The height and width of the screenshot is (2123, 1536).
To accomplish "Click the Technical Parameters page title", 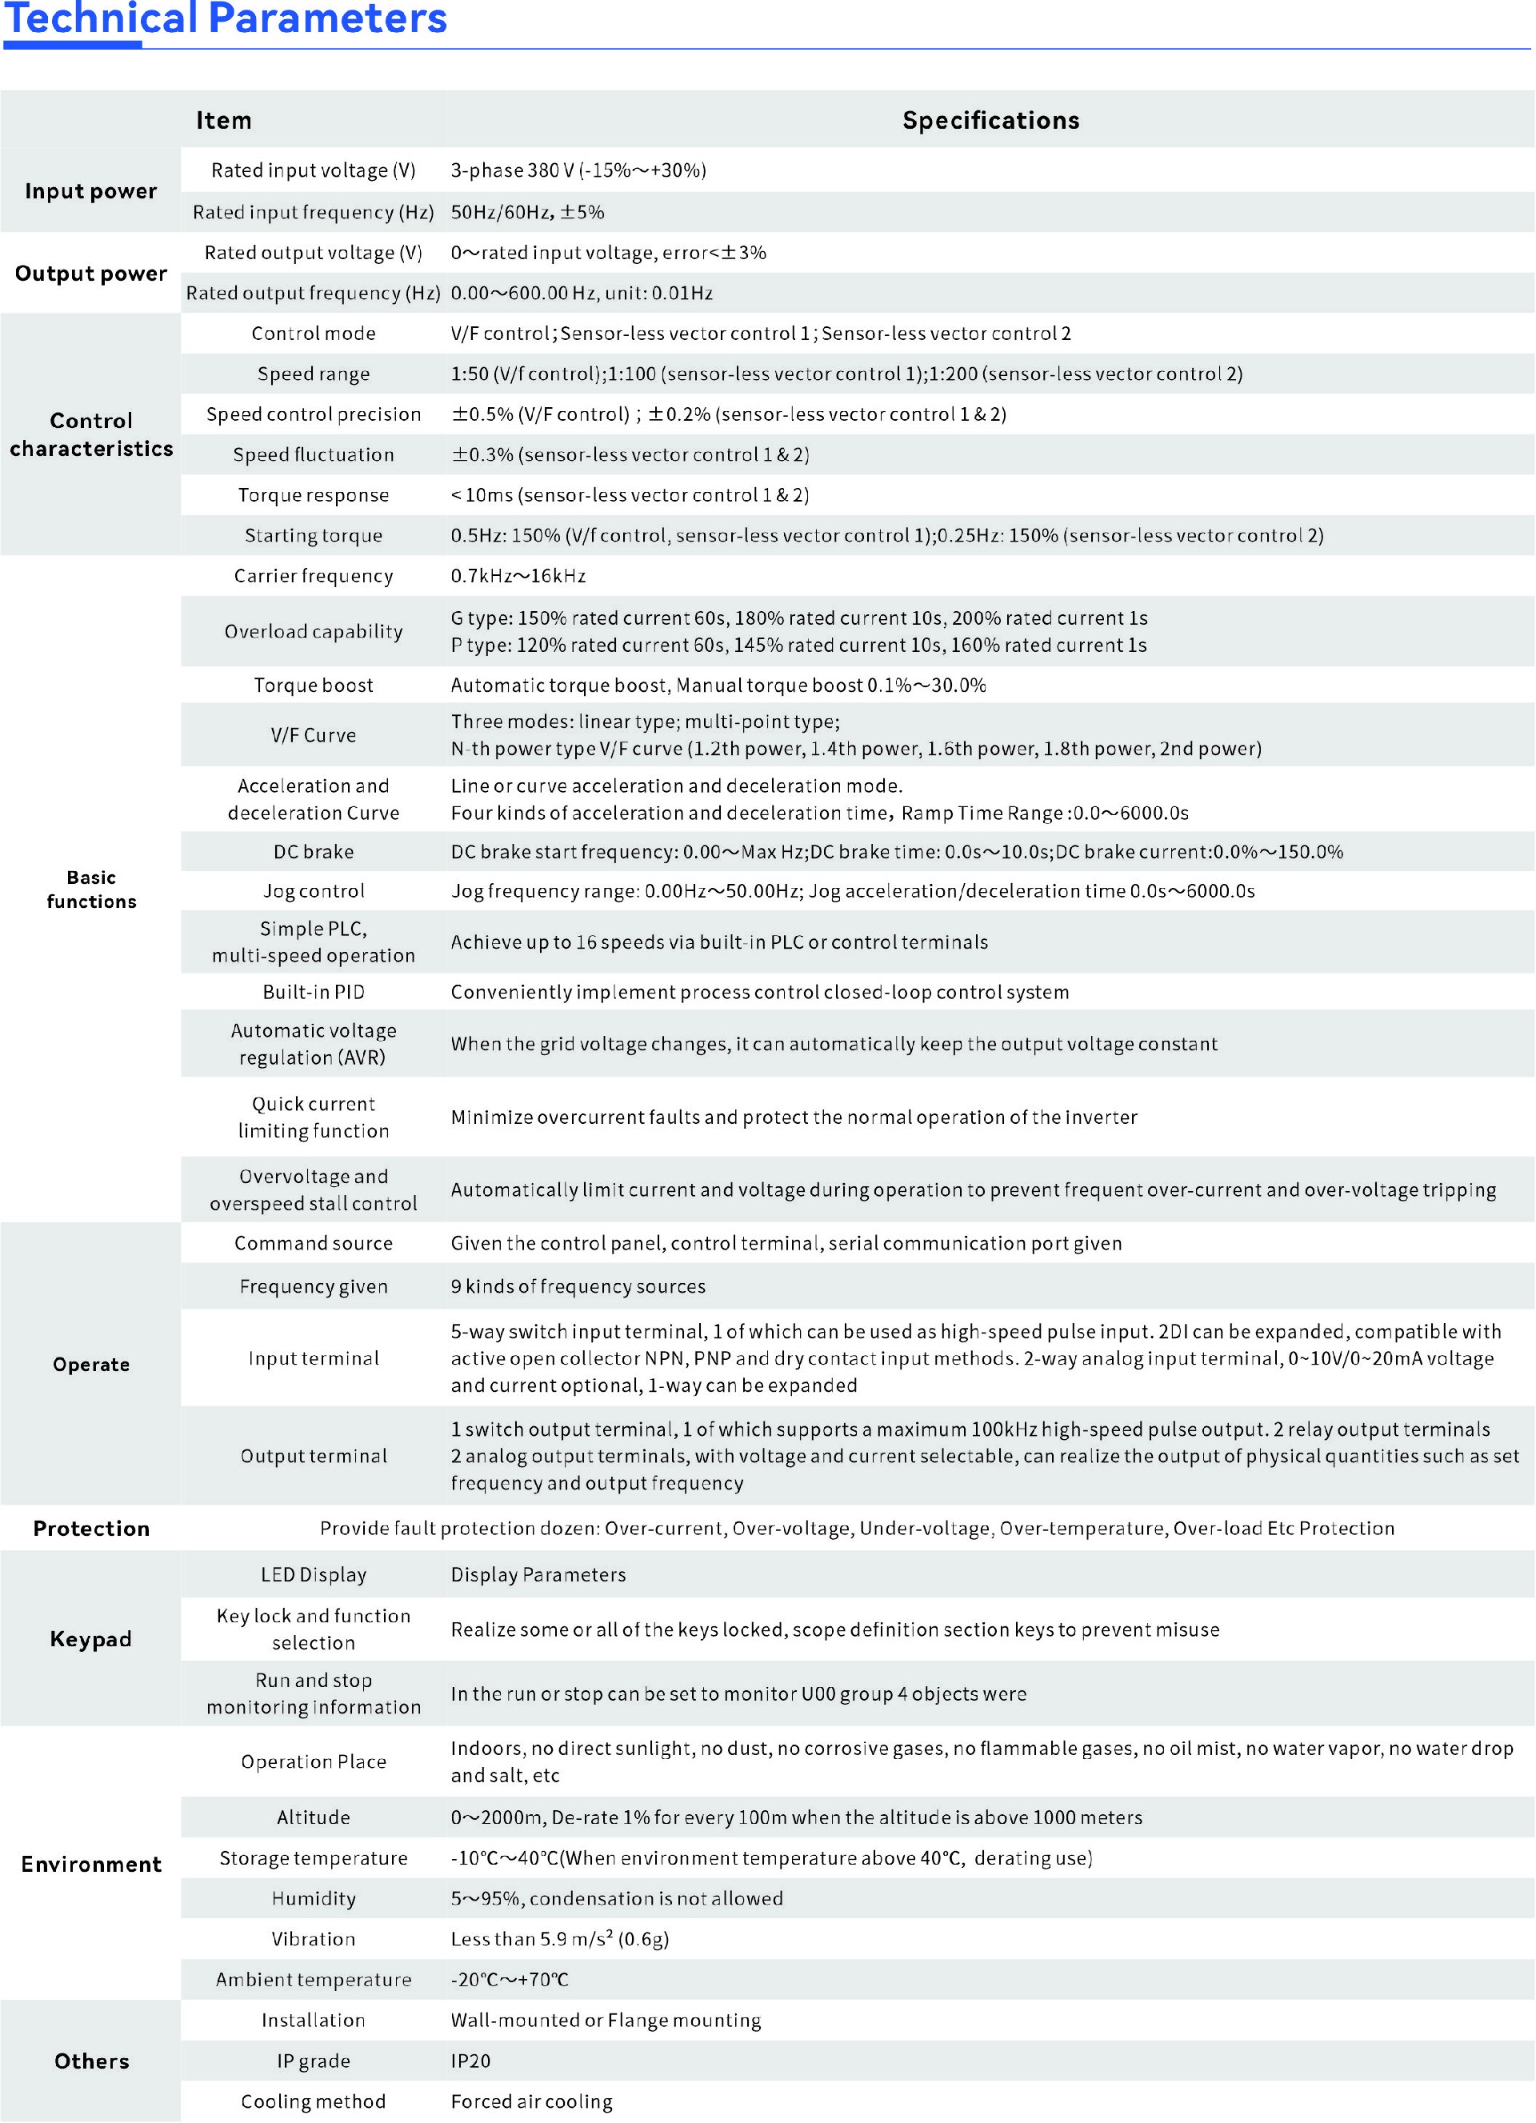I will point(226,18).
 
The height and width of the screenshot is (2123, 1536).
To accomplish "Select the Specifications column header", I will point(990,121).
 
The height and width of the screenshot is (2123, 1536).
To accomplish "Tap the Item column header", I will point(224,121).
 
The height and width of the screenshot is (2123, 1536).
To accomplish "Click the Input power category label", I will point(90,191).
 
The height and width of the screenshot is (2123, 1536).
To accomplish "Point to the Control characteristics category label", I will point(90,434).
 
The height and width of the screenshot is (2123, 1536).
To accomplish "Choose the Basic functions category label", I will point(90,890).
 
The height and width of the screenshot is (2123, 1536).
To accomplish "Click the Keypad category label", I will point(90,1639).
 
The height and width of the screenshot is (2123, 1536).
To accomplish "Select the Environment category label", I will point(90,1864).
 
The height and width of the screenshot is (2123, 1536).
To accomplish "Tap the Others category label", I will point(90,2061).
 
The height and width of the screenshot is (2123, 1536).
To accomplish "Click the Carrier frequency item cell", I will point(314,576).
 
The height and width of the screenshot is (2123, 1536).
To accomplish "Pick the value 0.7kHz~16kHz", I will point(518,576).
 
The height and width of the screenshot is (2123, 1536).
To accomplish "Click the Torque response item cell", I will point(314,495).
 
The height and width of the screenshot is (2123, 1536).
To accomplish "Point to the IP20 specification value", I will point(471,2061).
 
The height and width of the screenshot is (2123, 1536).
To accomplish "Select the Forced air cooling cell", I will point(532,2101).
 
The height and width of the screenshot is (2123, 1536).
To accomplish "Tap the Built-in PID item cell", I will point(314,992).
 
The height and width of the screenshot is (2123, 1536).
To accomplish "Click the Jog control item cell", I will point(314,891).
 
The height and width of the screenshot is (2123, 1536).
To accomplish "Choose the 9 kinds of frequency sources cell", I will point(578,1286).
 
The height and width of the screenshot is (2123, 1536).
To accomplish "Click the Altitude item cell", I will point(314,1817).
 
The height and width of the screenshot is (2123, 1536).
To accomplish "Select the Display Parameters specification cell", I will point(538,1574).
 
